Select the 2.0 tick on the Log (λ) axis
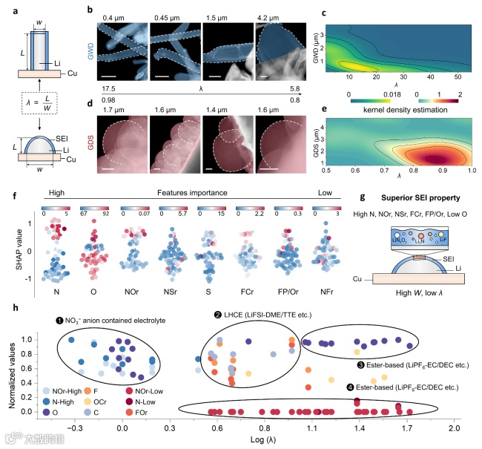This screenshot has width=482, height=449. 454,429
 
